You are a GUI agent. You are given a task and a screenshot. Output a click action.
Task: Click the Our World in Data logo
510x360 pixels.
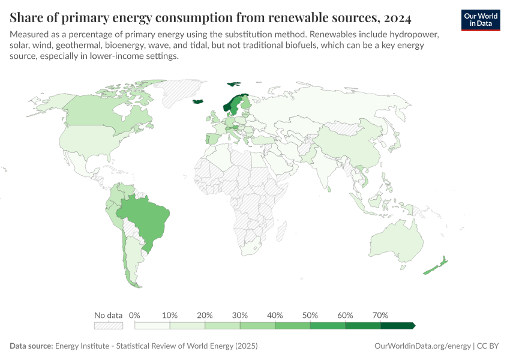click(x=481, y=19)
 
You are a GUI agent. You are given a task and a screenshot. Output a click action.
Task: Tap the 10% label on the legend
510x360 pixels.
click(x=170, y=315)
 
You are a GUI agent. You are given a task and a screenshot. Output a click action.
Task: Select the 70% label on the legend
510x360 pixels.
click(x=380, y=315)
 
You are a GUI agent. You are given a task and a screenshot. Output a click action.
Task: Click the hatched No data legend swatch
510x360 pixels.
click(x=108, y=325)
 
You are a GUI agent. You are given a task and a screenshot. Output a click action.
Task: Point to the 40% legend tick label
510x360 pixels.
click(x=275, y=315)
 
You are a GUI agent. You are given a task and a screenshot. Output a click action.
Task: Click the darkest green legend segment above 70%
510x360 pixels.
click(x=397, y=325)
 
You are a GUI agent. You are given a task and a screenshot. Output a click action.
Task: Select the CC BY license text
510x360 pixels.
click(x=490, y=346)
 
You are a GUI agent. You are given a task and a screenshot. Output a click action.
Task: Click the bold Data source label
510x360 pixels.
click(x=31, y=346)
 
